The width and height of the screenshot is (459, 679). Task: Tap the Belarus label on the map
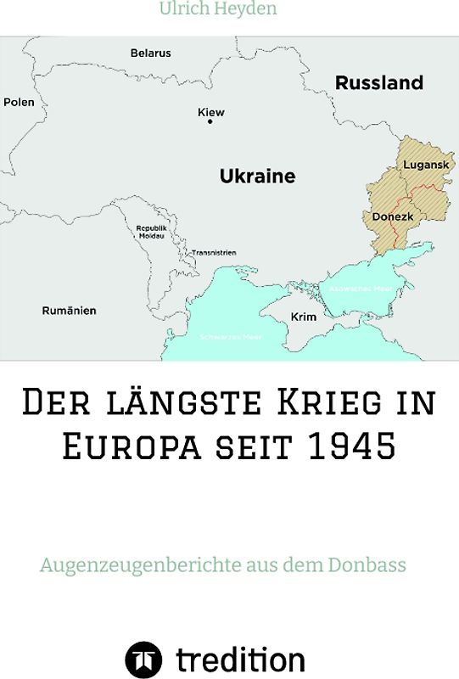(150, 53)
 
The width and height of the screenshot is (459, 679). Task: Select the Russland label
(378, 83)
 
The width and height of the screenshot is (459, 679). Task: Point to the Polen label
(19, 102)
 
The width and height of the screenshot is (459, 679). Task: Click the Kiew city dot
(210, 122)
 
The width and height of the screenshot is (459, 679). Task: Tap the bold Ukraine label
(257, 177)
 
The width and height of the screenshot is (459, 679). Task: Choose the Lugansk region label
(425, 164)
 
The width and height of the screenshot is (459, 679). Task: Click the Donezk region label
(393, 216)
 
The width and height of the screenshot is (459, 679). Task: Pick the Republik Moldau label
(151, 232)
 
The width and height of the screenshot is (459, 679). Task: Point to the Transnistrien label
(214, 253)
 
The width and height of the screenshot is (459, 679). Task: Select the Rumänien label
(70, 311)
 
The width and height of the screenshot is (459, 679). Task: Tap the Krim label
(303, 317)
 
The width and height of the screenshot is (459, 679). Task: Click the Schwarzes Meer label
(230, 337)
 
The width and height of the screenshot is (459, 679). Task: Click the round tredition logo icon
(143, 659)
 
